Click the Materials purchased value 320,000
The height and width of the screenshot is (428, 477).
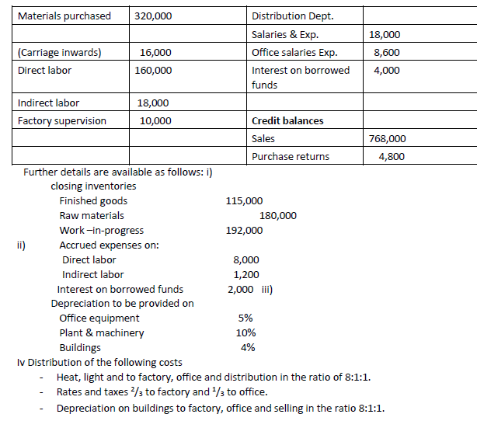coord(153,16)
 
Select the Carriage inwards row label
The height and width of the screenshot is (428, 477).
coord(60,53)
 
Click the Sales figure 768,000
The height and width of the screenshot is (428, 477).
coord(386,138)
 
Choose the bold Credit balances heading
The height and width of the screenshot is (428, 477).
coord(288,120)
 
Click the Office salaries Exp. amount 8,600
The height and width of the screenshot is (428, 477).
coord(387,53)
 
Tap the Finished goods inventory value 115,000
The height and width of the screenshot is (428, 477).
coord(244,201)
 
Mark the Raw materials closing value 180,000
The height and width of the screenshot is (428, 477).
coord(277,215)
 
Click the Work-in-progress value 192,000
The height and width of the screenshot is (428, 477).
coord(244,230)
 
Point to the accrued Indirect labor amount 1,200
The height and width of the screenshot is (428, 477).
coord(246,274)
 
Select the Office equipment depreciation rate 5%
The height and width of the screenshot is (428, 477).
coord(245,318)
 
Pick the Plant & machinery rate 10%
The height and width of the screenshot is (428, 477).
coord(245,332)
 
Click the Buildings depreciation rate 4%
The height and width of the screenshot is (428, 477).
coord(248,347)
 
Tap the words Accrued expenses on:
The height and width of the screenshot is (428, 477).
coord(110,245)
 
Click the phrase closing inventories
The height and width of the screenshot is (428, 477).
coord(93,186)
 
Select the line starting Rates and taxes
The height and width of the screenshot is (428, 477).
coord(161,392)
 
